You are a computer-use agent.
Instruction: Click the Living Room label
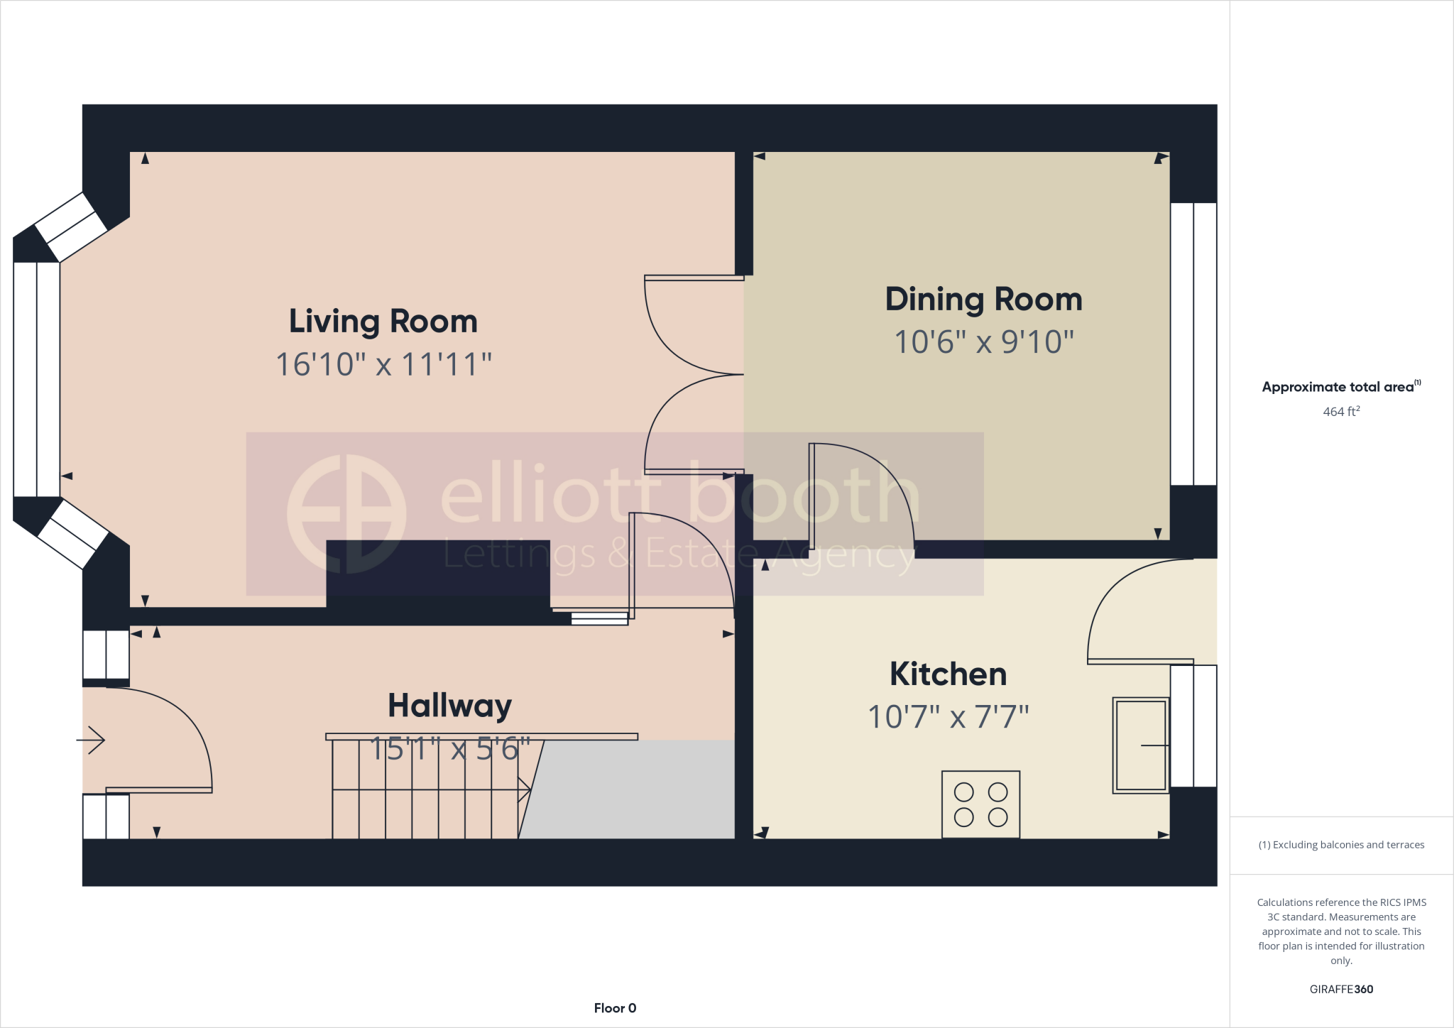click(383, 322)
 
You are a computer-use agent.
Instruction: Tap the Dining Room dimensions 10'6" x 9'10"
click(983, 342)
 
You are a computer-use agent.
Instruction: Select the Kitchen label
click(948, 674)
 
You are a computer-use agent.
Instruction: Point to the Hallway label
click(449, 706)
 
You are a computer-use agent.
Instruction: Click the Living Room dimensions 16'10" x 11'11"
click(383, 365)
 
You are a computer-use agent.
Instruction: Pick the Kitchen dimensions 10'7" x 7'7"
click(948, 717)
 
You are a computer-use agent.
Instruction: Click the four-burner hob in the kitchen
click(980, 804)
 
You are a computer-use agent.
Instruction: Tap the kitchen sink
click(1140, 745)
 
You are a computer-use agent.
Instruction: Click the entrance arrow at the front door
click(91, 740)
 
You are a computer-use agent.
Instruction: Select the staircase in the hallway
click(426, 788)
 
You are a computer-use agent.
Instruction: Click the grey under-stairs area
click(632, 789)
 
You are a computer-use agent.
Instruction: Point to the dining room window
click(1193, 344)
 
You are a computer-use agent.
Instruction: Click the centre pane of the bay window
click(36, 380)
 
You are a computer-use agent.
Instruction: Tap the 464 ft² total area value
click(1341, 412)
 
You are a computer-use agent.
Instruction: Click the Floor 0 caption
click(615, 1008)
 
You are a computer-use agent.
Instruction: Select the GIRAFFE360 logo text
click(1341, 989)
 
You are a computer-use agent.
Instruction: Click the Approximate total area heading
click(1341, 387)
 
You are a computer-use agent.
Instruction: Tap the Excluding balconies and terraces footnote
click(1341, 845)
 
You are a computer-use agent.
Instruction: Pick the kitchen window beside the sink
click(1193, 726)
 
